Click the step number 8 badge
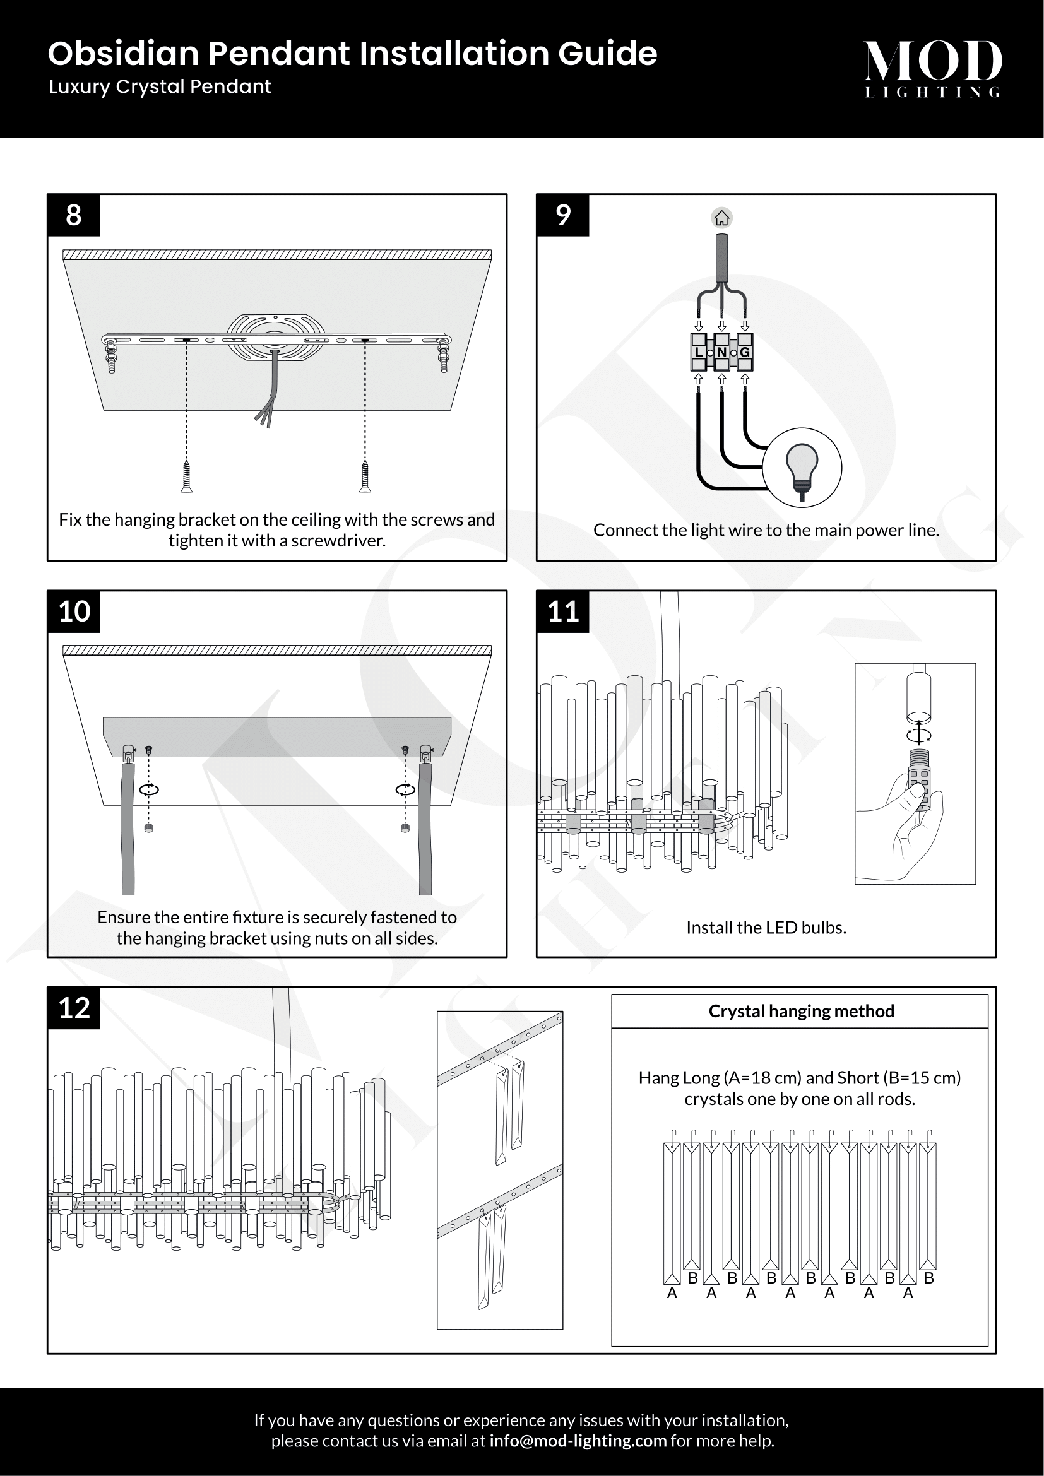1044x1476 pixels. (x=73, y=215)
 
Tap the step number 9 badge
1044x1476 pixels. (x=562, y=215)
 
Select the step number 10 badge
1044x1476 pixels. (x=73, y=611)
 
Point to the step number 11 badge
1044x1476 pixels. (x=562, y=611)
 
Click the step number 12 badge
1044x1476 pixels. (x=73, y=1008)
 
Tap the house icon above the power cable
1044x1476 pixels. (x=721, y=218)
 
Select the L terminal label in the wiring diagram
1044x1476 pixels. (x=698, y=352)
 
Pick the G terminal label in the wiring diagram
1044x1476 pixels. (x=744, y=352)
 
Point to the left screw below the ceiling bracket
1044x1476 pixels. (x=186, y=476)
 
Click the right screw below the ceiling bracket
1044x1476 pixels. (x=364, y=476)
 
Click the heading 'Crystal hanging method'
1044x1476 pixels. (x=801, y=1011)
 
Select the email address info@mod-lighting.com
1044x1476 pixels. (x=578, y=1441)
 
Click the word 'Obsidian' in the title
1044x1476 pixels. (x=124, y=54)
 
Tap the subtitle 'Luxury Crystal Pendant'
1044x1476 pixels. (x=160, y=87)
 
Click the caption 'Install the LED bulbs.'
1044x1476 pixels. (x=766, y=928)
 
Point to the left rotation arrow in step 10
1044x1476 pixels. (x=149, y=789)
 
